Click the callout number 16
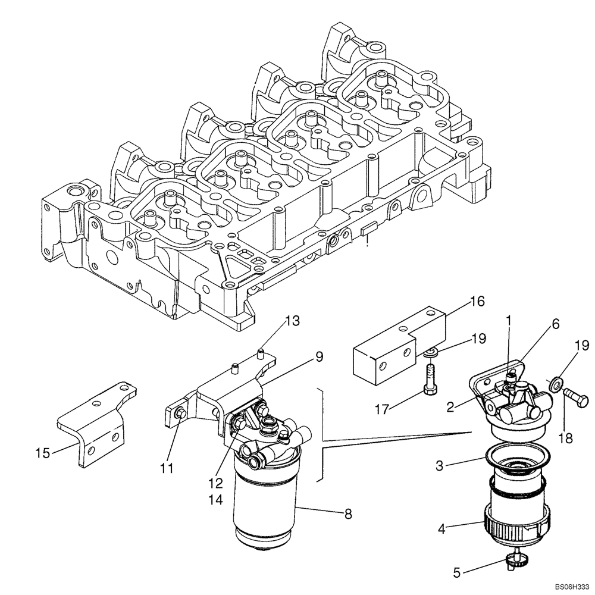click(x=477, y=301)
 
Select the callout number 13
click(x=293, y=322)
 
